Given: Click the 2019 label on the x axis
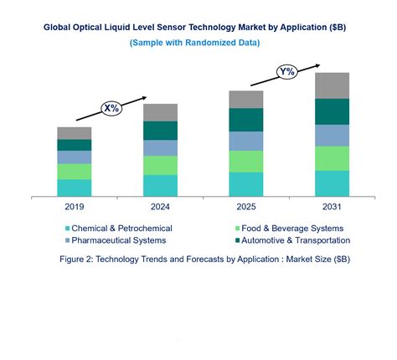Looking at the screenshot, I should [74, 205].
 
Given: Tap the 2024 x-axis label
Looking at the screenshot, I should [160, 205].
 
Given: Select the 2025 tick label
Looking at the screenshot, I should [245, 205].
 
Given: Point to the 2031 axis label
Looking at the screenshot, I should [332, 205].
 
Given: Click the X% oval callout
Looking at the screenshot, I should [111, 108].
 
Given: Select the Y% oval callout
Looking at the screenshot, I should [288, 71].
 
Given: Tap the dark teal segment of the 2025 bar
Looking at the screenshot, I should [245, 120].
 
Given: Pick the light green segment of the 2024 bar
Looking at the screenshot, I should [160, 165].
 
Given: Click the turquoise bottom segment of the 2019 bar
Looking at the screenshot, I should [74, 188].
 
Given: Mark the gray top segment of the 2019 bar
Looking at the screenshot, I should [74, 133].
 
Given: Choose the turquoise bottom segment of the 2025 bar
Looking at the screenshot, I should [245, 183].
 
